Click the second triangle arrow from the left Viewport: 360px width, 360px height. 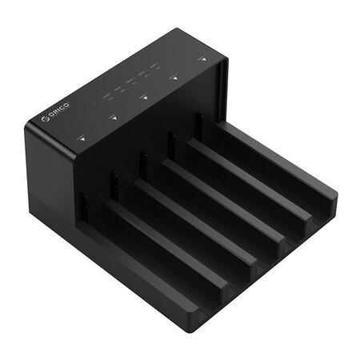(114, 117)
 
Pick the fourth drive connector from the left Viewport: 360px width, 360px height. (170, 141)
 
